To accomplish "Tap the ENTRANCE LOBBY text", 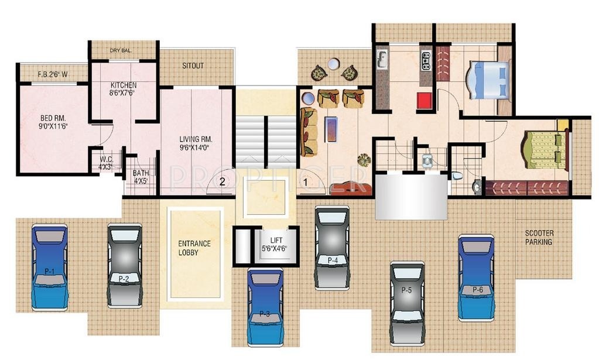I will (x=195, y=248).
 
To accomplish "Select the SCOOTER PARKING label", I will (x=538, y=237).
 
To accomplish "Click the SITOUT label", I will (x=193, y=66).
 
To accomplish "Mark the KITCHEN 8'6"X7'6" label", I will (x=123, y=89).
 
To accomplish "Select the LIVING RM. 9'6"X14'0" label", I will (x=196, y=144).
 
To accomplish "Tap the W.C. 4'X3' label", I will (x=106, y=162).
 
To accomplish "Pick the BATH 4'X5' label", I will (x=141, y=177).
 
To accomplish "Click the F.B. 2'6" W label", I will (x=53, y=74).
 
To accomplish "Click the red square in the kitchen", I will (x=424, y=101).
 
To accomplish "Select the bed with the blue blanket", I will (x=487, y=80).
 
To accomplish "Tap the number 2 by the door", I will (x=222, y=181).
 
